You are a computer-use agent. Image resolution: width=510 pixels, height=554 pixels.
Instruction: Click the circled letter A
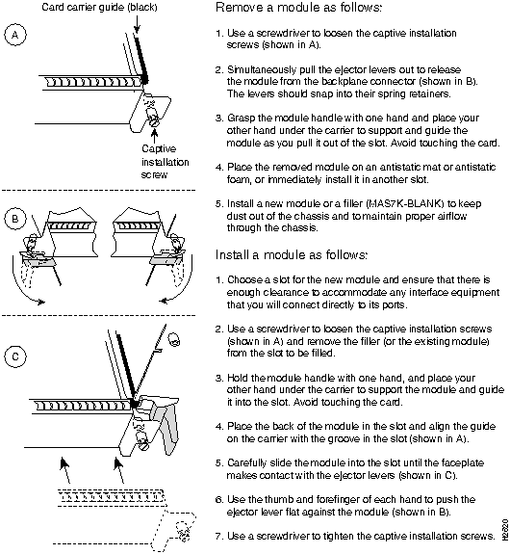point(15,35)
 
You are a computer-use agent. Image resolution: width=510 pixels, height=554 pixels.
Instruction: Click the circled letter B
point(15,219)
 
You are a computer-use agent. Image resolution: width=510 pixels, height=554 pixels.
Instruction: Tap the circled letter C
point(15,356)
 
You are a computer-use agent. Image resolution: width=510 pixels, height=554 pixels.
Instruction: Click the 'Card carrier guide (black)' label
point(99,7)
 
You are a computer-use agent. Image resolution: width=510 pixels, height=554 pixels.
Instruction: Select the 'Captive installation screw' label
point(165,162)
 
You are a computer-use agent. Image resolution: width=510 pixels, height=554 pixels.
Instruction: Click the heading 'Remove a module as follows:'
point(298,8)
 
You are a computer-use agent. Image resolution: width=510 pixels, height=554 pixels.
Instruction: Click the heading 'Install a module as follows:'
point(292,254)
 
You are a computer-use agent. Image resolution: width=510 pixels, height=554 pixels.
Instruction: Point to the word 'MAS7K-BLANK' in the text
point(405,204)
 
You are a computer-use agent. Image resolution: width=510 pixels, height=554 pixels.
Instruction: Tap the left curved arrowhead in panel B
point(41,302)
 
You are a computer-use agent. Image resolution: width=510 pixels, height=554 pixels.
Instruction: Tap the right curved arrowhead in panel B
point(164,301)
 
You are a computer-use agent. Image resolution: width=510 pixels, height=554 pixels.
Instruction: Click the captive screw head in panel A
point(155,122)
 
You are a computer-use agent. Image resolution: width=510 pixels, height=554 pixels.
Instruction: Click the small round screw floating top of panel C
point(174,339)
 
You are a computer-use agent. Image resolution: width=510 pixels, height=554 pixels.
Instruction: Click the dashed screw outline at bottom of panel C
point(184,531)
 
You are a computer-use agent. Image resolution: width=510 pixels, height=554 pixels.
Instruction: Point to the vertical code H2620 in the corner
point(504,529)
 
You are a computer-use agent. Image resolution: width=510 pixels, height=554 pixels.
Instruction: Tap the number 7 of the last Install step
point(218,537)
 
